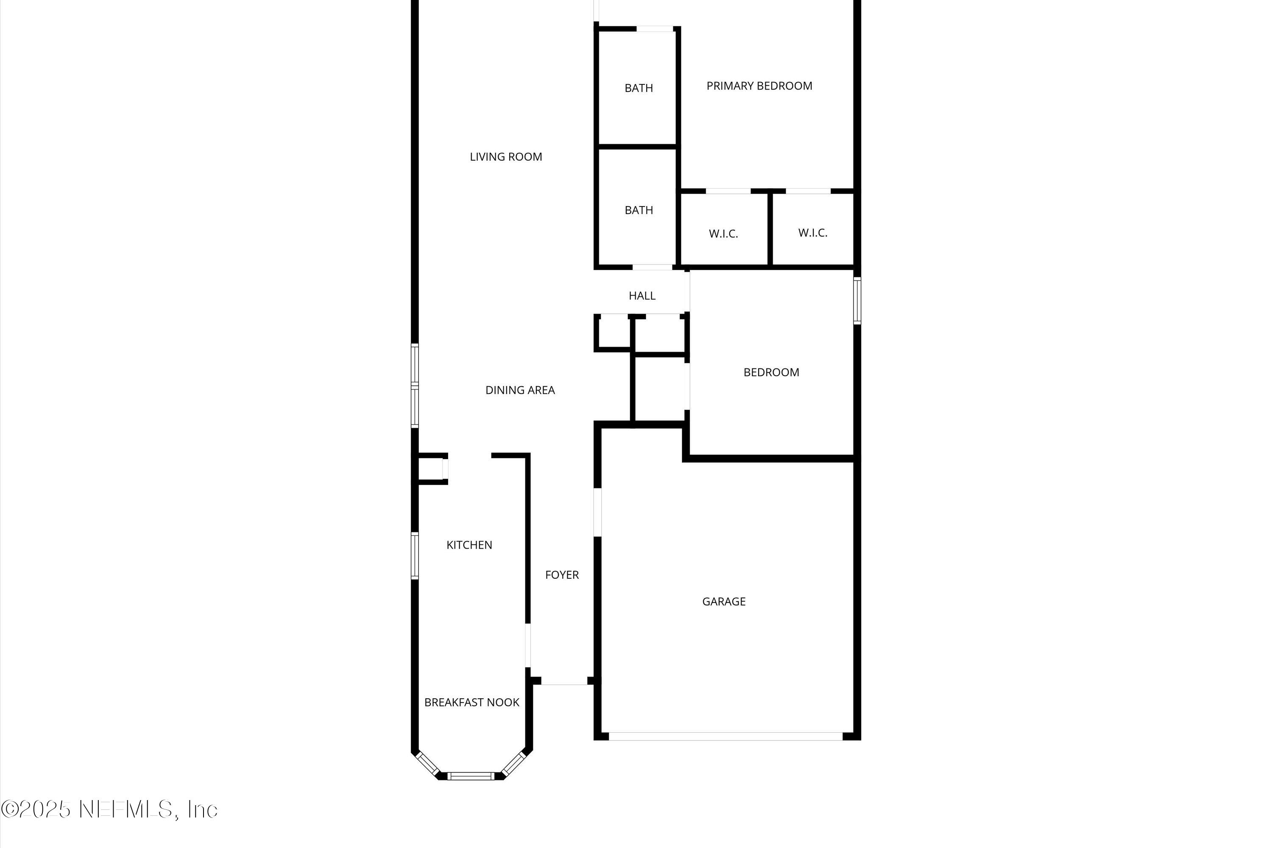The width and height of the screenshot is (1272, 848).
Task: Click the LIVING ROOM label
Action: pyautogui.click(x=506, y=157)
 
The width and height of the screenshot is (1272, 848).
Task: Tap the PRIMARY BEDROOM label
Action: pyautogui.click(x=759, y=86)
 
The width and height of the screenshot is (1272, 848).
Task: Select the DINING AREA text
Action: pyautogui.click(x=520, y=390)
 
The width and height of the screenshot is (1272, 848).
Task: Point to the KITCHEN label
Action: pyautogui.click(x=469, y=545)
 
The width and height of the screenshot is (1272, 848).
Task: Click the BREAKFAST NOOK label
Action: pyautogui.click(x=471, y=703)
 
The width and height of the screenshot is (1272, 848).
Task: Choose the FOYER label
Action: pyautogui.click(x=561, y=575)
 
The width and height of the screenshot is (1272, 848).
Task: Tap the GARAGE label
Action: pyautogui.click(x=724, y=601)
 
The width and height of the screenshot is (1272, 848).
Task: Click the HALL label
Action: pyautogui.click(x=642, y=296)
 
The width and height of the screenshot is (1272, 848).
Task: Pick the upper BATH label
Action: pyautogui.click(x=639, y=88)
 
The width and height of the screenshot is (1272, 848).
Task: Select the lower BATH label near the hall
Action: pyautogui.click(x=639, y=210)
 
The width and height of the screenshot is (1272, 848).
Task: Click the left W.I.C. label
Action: pyautogui.click(x=723, y=234)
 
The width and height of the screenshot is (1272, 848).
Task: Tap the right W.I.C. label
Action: pyautogui.click(x=812, y=233)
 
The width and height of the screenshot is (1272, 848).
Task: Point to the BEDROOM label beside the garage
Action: pyautogui.click(x=771, y=372)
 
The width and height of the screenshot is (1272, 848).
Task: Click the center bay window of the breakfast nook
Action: pyautogui.click(x=471, y=776)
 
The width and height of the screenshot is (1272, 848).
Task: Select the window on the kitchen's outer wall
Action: pyautogui.click(x=415, y=556)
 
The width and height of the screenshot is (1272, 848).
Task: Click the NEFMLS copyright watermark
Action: pyautogui.click(x=109, y=809)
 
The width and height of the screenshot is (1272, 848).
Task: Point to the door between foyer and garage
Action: pyautogui.click(x=597, y=512)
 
